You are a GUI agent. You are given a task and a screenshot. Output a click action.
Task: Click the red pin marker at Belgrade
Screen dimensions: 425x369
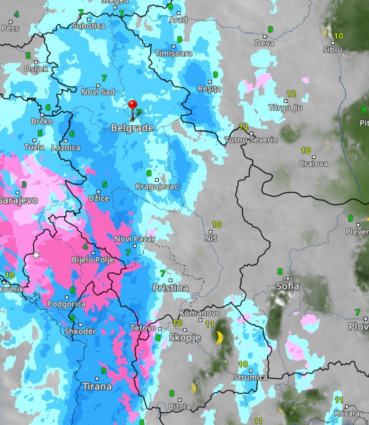pos(132,105)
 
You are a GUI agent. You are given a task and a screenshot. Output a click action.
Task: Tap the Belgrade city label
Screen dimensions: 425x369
pos(132,128)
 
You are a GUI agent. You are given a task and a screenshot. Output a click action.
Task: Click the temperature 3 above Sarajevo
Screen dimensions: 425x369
pos(24,184)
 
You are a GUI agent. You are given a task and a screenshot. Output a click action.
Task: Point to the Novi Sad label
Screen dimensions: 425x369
pos(99,92)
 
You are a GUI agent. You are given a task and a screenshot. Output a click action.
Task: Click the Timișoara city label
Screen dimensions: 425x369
pos(174,53)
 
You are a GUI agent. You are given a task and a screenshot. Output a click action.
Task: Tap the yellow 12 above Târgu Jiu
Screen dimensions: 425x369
pos(291,94)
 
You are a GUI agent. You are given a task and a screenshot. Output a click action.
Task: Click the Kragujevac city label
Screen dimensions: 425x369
pos(157,186)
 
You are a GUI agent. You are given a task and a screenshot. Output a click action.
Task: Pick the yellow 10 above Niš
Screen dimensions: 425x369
pos(216,224)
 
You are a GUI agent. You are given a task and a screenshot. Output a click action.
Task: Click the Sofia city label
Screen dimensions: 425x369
pos(288,286)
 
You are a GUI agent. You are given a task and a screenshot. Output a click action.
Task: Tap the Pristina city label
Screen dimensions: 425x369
pos(170,288)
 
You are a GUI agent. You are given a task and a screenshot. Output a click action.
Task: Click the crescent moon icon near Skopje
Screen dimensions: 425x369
pos(220,337)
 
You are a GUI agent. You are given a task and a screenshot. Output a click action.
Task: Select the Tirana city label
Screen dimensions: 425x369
pos(97,386)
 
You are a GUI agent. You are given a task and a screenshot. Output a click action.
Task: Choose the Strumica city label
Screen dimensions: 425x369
pos(250,377)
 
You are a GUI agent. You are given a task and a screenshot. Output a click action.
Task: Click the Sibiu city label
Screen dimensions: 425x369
pos(333,49)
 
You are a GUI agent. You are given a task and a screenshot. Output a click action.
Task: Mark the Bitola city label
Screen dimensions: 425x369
pos(180,406)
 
